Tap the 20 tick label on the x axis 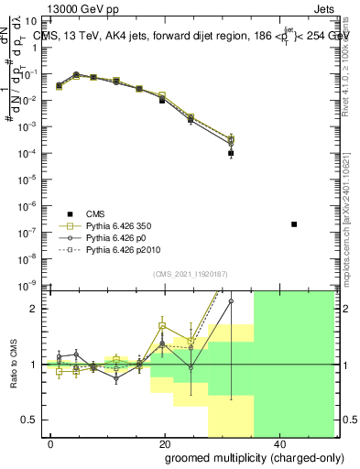coord(164,443)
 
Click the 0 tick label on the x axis coord(51,443)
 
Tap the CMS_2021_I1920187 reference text coord(191,273)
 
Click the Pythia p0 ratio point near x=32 coord(231,300)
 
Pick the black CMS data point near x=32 coord(231,153)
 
